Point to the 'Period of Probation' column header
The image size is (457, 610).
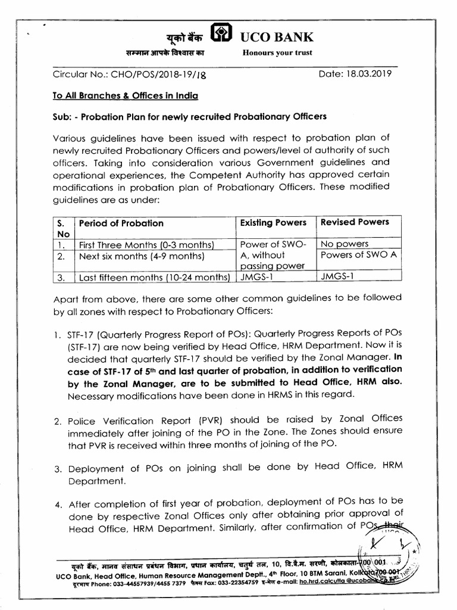click(121, 223)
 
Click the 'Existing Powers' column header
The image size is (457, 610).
click(273, 222)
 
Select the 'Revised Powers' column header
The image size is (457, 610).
click(355, 222)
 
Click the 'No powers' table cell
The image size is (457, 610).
click(345, 244)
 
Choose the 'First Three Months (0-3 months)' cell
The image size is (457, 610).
click(146, 245)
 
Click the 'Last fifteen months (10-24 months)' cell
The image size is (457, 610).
click(154, 277)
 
